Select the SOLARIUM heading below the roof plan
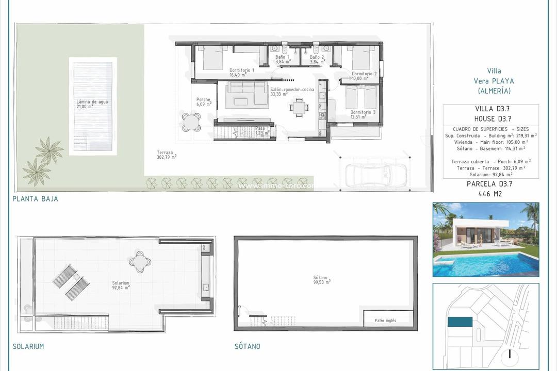tap(28, 346)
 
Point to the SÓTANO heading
tap(247, 346)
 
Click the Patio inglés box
tap(388, 320)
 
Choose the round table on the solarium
tap(140, 261)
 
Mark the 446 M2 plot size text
tap(490, 194)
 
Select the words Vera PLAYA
tap(494, 81)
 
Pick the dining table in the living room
tap(299, 108)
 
